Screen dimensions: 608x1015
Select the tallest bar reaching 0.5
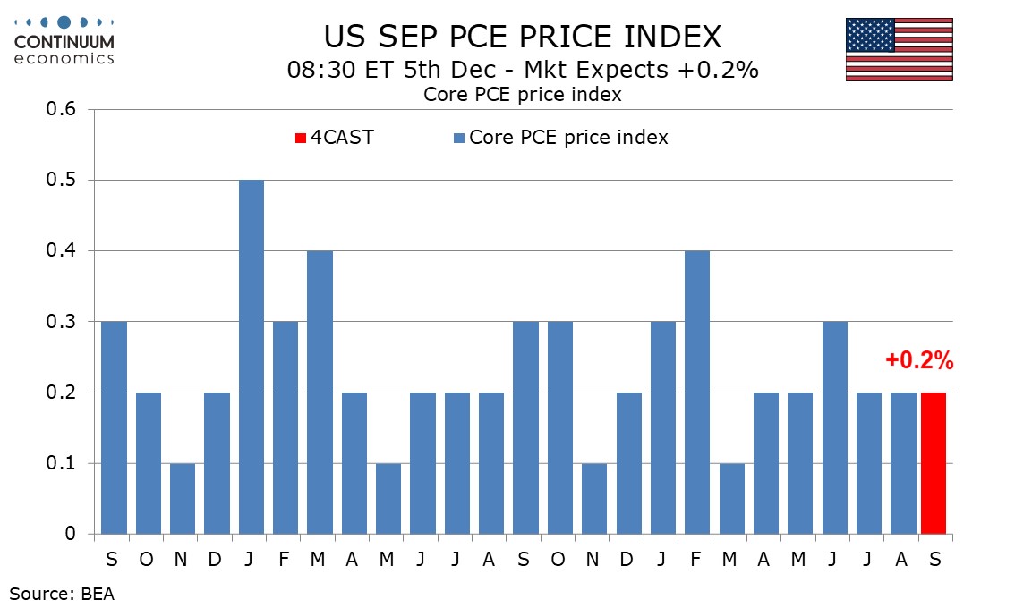coord(251,358)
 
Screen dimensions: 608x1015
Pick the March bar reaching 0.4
coord(320,393)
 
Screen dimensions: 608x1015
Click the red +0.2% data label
coord(919,362)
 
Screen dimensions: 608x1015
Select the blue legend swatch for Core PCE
coord(459,138)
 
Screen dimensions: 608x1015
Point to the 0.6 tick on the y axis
coord(63,110)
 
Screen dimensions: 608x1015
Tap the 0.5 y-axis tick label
coord(63,181)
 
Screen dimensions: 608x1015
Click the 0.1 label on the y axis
coord(63,463)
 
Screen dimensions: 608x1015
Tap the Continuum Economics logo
coord(63,40)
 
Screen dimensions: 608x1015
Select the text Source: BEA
coord(63,592)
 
